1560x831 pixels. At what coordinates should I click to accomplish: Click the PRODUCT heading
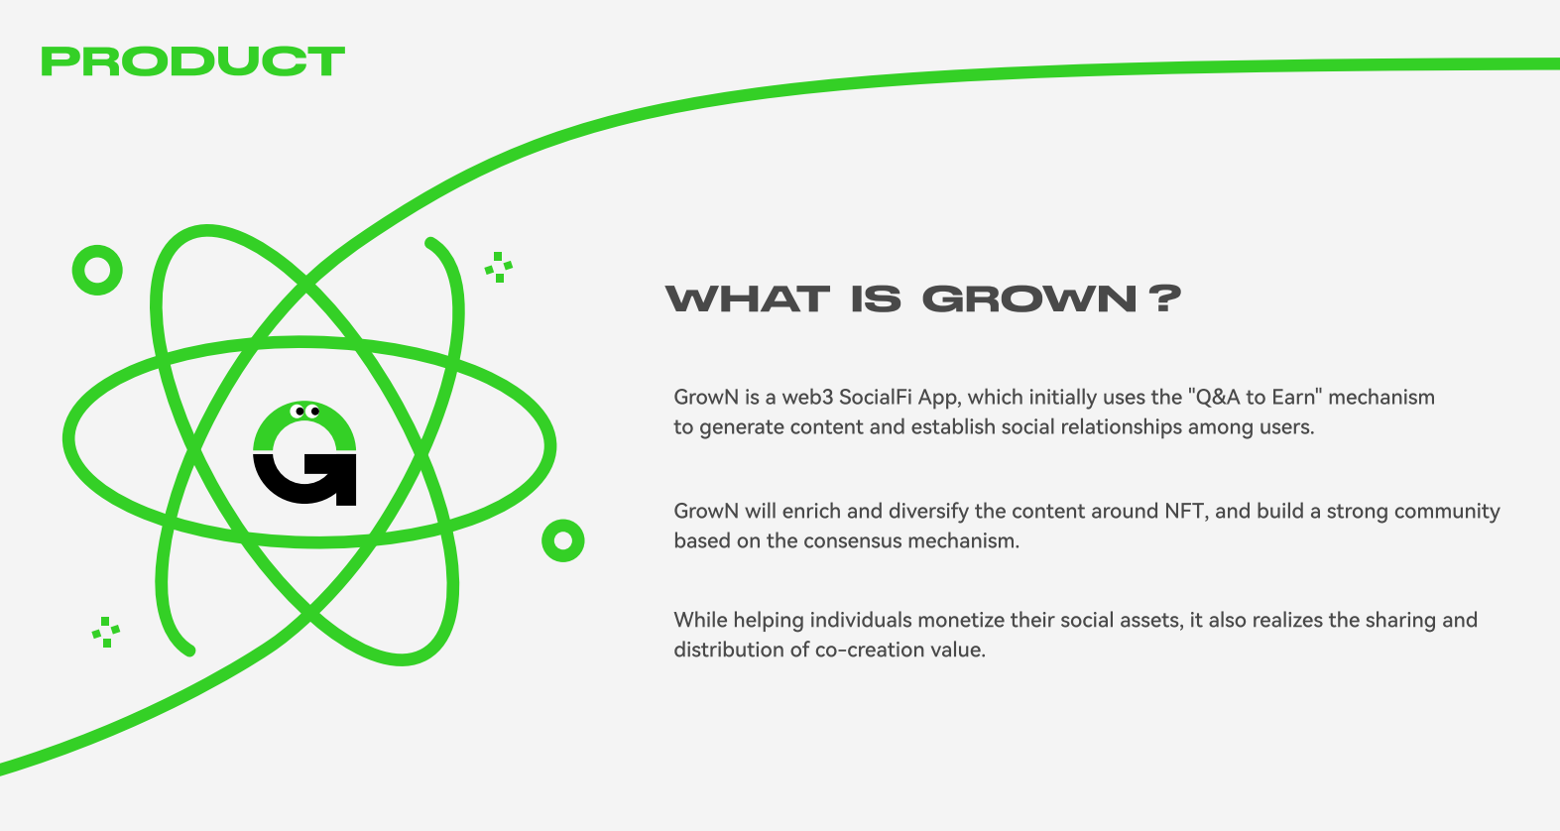tap(193, 61)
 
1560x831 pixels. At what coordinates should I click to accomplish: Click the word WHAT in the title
tap(747, 298)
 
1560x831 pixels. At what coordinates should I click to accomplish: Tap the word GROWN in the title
tap(1029, 298)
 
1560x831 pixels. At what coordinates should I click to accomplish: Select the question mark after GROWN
tap(1164, 298)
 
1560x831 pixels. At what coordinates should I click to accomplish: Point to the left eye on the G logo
tap(300, 412)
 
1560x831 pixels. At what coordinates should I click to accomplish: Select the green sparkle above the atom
tap(499, 268)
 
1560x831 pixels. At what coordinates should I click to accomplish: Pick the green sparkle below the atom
tap(106, 632)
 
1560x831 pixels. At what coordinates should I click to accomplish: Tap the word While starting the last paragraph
tap(700, 620)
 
